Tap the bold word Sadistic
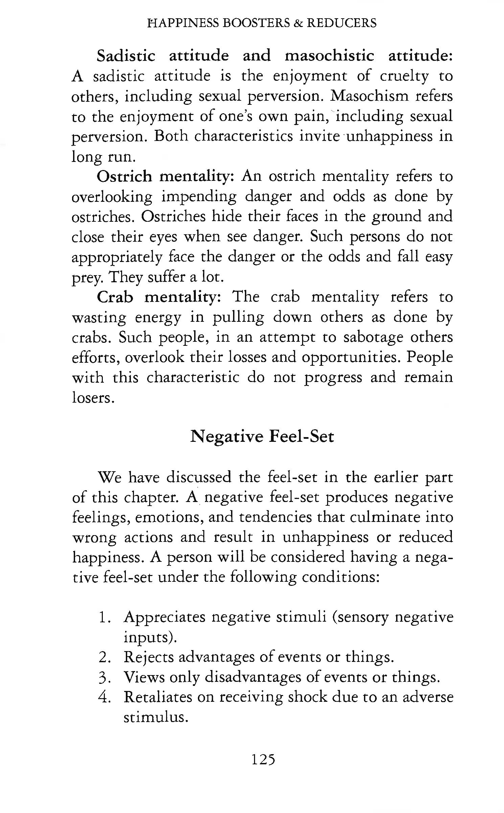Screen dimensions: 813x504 [126, 55]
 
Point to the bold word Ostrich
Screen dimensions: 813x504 [124, 176]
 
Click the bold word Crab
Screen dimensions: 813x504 [115, 297]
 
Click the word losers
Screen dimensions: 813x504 [92, 398]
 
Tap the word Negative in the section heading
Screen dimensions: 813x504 [226, 436]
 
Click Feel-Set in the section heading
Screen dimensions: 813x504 [301, 436]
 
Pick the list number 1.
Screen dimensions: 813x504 [104, 617]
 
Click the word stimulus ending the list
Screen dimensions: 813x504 [155, 717]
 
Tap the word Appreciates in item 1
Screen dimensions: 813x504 [165, 617]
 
